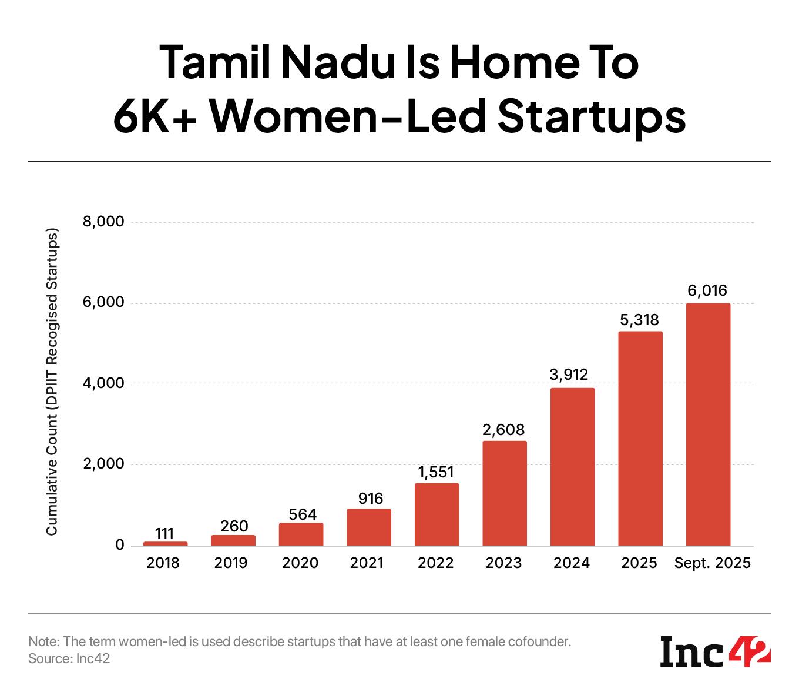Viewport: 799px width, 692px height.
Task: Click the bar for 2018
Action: coord(165,543)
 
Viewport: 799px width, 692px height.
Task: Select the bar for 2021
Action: coord(369,527)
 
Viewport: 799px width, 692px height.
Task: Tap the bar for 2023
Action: coord(505,493)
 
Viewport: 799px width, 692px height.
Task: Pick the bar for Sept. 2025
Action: coord(708,424)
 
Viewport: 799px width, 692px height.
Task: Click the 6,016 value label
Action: coord(707,290)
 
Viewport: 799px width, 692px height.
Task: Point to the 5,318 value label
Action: coord(640,319)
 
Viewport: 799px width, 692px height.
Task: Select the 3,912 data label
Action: coord(572,375)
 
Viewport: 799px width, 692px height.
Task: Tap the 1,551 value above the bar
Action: coord(437,472)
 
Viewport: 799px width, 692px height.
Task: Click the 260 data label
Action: coord(233,526)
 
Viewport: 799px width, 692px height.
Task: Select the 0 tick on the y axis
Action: coord(120,545)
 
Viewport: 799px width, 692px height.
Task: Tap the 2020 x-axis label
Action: coord(300,563)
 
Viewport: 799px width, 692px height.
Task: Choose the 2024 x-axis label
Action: coord(572,563)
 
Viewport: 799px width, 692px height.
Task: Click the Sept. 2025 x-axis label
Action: coord(712,563)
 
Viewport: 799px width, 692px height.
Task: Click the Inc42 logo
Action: coord(715,651)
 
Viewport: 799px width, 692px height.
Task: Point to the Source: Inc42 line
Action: coord(69,659)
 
